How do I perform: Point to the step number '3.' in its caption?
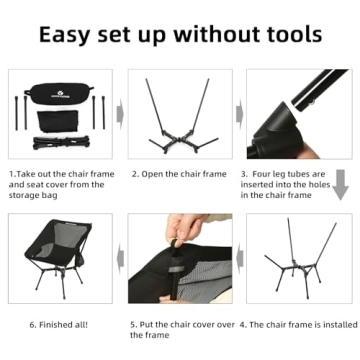click(x=244, y=173)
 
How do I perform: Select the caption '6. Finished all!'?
click(x=60, y=324)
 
